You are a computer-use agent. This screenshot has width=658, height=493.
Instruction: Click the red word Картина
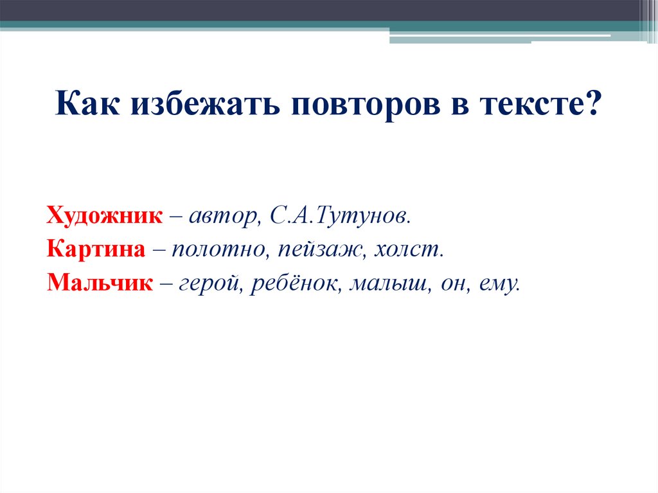pyautogui.click(x=96, y=250)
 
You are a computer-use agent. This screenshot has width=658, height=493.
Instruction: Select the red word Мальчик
pyautogui.click(x=100, y=283)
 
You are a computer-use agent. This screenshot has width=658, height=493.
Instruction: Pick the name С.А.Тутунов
pyautogui.click(x=341, y=216)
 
